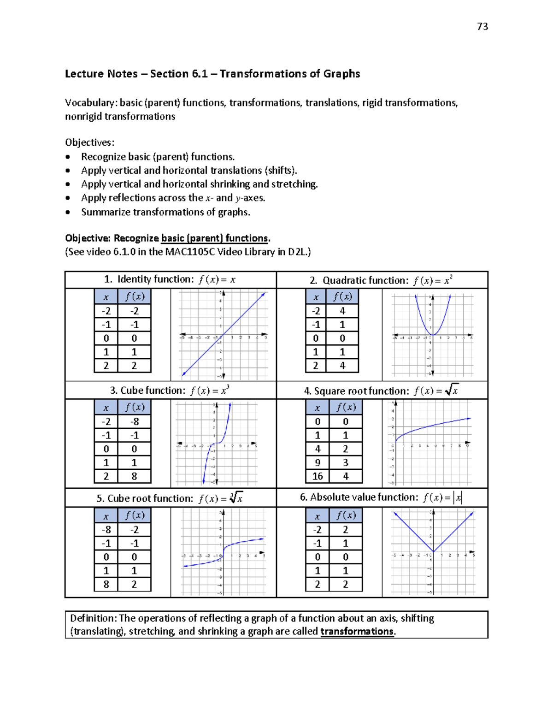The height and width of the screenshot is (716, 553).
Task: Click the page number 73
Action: (482, 27)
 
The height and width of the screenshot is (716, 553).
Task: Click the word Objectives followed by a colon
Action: (89, 142)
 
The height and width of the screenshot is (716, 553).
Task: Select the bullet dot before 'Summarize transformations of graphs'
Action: (68, 213)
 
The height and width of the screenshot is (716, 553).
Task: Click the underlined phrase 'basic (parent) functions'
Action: (215, 238)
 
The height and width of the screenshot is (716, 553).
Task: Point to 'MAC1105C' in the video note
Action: (190, 252)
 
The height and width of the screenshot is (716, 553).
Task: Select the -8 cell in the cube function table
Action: (134, 422)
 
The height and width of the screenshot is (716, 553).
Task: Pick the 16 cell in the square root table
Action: (318, 476)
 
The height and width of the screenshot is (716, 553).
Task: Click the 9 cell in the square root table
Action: (318, 462)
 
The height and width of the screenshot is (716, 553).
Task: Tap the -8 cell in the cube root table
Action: (106, 530)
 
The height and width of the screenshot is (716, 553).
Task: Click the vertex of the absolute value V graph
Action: (433, 551)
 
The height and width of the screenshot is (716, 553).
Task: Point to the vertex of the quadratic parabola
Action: (433, 335)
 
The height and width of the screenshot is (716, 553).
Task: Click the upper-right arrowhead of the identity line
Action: (264, 294)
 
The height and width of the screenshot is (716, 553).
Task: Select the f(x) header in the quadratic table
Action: (342, 296)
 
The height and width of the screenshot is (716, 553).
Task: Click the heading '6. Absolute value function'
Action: (359, 497)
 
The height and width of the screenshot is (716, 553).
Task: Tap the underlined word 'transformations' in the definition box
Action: (357, 632)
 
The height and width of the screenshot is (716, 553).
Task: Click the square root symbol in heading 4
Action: (452, 390)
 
